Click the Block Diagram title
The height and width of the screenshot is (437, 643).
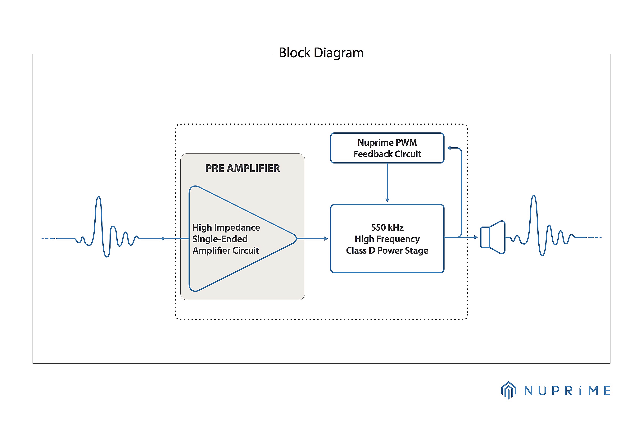[321, 53]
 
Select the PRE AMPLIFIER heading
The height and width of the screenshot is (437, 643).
[243, 168]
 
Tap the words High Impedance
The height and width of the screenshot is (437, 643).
[226, 228]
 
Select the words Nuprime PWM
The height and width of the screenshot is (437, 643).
[387, 142]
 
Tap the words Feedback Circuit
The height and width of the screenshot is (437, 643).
[387, 154]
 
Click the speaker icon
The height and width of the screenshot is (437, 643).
[493, 237]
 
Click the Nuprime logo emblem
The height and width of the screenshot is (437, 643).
[509, 390]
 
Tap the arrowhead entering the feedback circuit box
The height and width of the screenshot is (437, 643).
[449, 148]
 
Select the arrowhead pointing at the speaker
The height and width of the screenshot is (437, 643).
[476, 237]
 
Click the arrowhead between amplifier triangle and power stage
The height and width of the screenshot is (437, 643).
[326, 238]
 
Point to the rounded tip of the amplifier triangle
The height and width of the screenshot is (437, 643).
[296, 238]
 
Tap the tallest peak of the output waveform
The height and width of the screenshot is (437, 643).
[534, 196]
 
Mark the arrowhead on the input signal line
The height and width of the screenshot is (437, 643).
[164, 238]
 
